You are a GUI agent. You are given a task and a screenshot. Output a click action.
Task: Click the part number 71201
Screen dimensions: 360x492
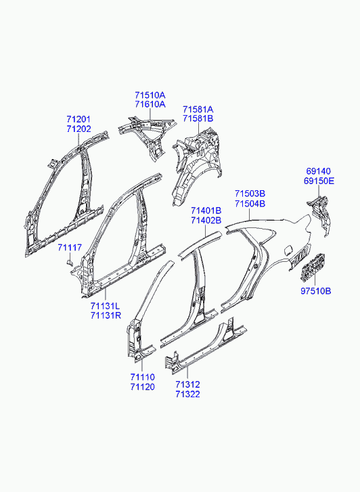[x=78, y=120]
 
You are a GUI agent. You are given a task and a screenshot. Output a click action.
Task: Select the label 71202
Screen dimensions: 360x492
[x=78, y=129]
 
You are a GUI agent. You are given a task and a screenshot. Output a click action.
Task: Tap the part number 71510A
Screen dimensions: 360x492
[x=150, y=95]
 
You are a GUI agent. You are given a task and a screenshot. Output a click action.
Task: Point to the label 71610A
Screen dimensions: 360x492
[x=150, y=104]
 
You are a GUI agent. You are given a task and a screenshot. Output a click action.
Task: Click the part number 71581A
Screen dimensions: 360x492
[x=198, y=110]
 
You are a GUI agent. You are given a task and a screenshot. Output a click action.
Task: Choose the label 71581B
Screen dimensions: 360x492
[x=198, y=118]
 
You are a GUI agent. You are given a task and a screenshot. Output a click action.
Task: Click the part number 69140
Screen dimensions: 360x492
[x=318, y=171]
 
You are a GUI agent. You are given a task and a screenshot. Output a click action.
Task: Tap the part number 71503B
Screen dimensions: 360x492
[x=250, y=194]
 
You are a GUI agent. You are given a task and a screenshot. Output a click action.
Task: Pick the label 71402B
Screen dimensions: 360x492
[x=206, y=221]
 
